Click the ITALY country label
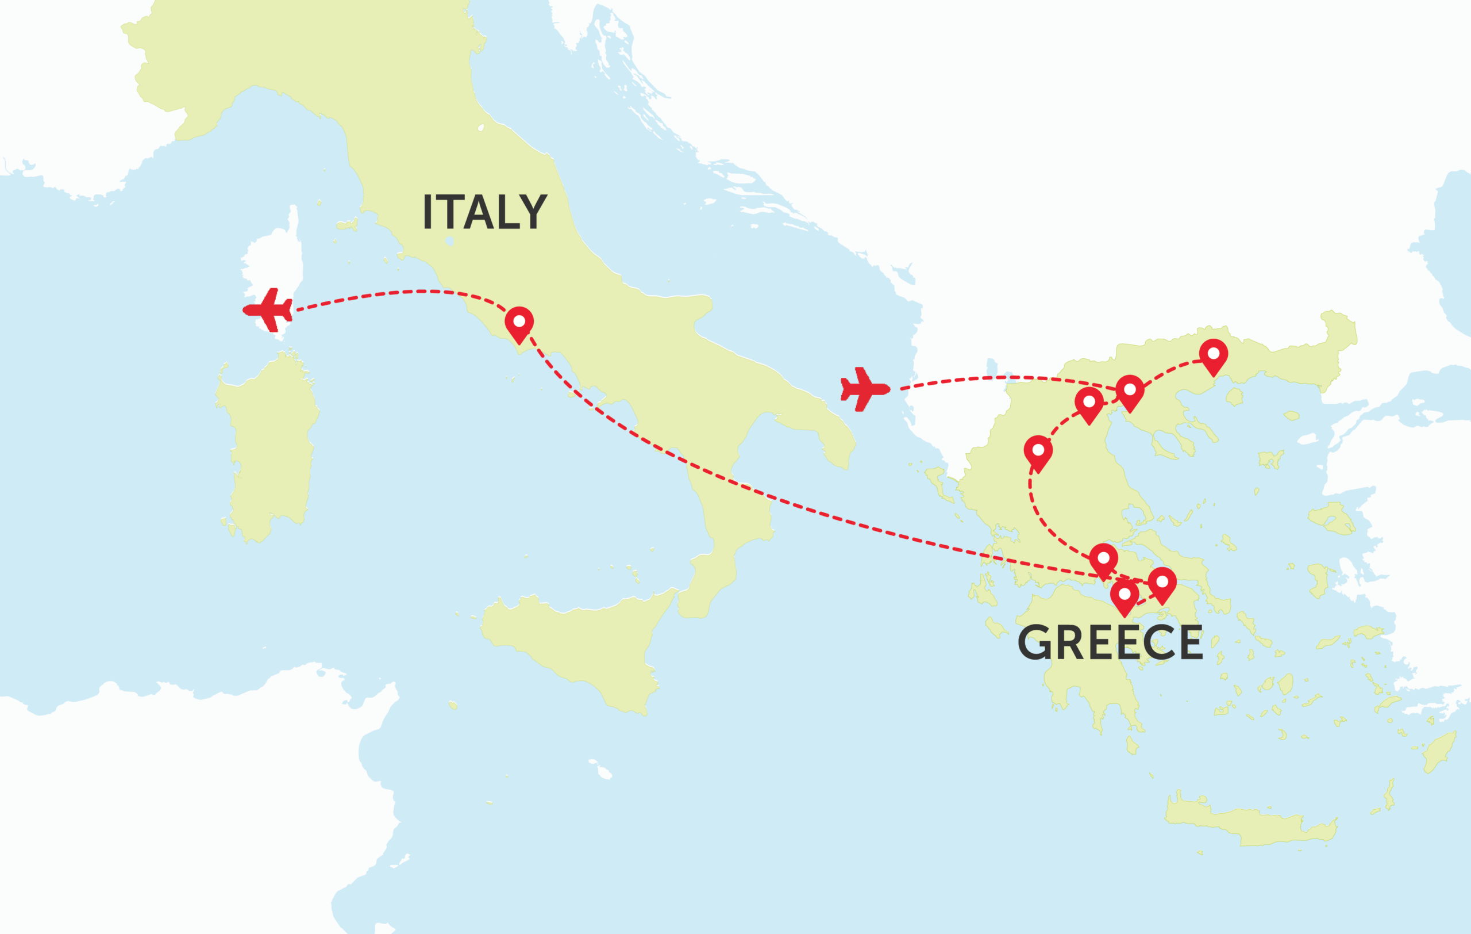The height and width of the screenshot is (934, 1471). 484,212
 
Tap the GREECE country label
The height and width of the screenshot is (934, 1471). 1110,642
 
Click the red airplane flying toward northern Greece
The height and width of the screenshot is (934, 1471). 864,388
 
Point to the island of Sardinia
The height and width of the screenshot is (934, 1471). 269,446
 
